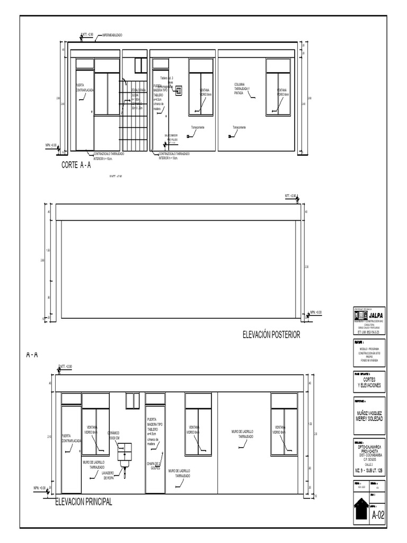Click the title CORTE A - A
tap(76, 165)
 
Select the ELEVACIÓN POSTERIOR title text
tap(271, 335)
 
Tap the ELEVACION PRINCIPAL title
tap(84, 502)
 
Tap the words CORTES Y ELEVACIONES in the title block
tap(369, 383)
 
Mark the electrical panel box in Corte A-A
tap(179, 90)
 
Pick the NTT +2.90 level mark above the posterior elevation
tap(292, 196)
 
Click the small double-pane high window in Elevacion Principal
tap(132, 401)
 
